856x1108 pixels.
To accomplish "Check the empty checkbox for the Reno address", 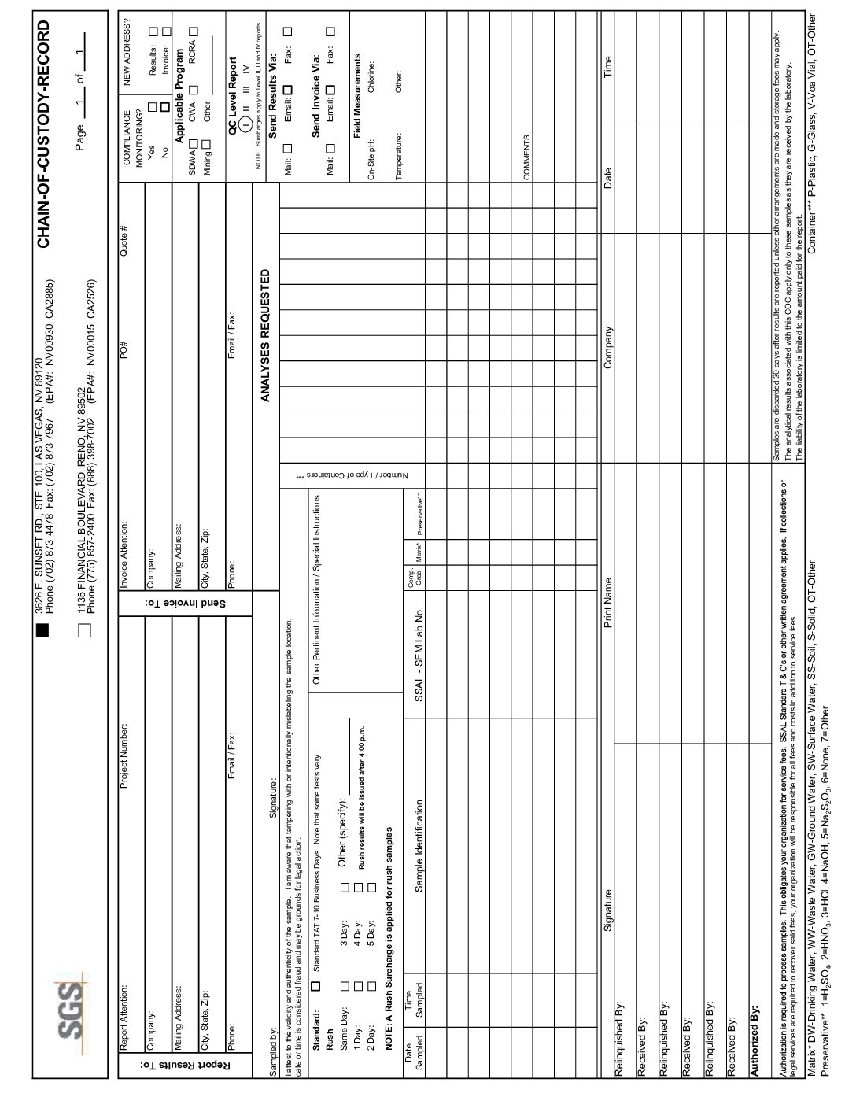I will [85, 630].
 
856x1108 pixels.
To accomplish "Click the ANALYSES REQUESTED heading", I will [266, 335].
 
